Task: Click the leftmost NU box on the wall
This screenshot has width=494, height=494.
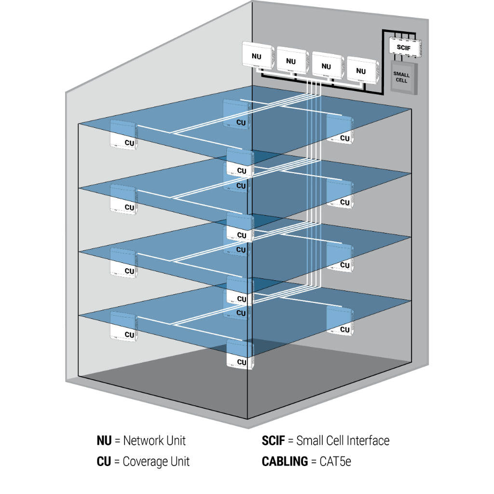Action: (x=257, y=56)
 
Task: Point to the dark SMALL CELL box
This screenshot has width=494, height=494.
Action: (x=401, y=77)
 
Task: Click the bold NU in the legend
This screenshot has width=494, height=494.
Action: (x=104, y=440)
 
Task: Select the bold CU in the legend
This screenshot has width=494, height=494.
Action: (x=104, y=462)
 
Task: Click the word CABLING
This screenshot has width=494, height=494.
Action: (x=285, y=462)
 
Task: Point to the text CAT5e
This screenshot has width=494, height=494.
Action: (x=335, y=462)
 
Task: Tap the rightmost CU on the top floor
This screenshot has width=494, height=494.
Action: (x=340, y=129)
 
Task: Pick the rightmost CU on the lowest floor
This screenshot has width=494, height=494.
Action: (x=340, y=321)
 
